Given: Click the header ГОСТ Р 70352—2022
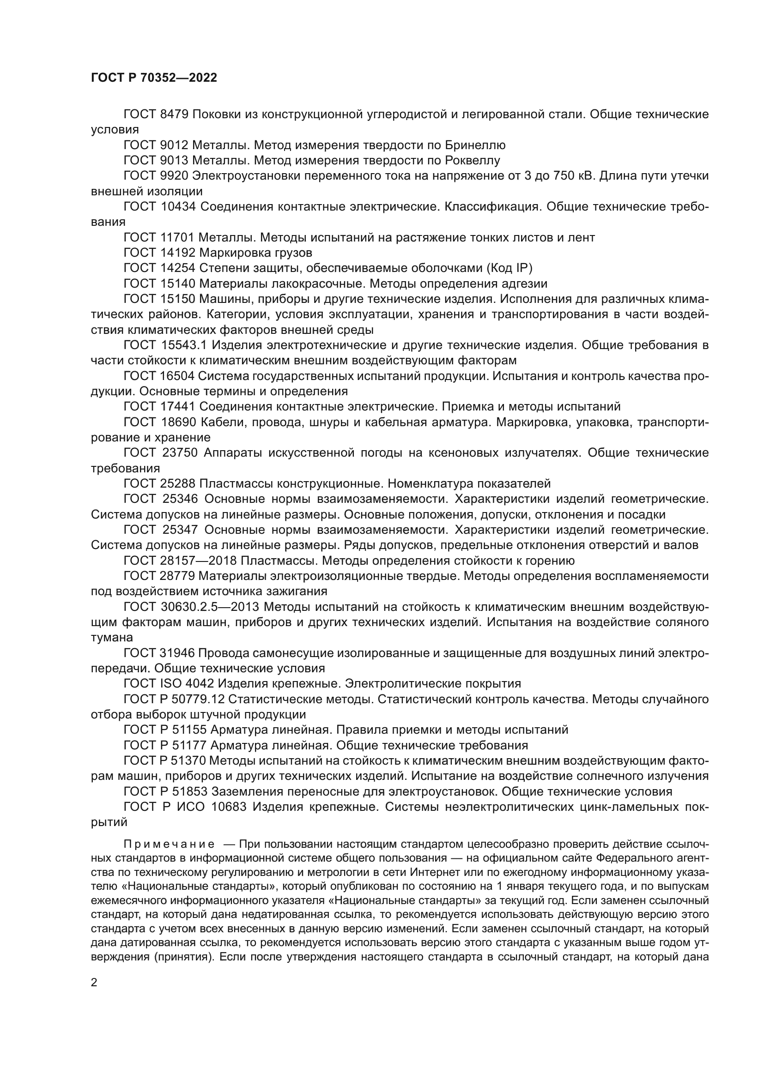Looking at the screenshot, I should coord(154,78).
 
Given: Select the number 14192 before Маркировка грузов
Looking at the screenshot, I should coord(178,253).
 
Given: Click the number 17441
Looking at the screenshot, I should coord(178,406).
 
